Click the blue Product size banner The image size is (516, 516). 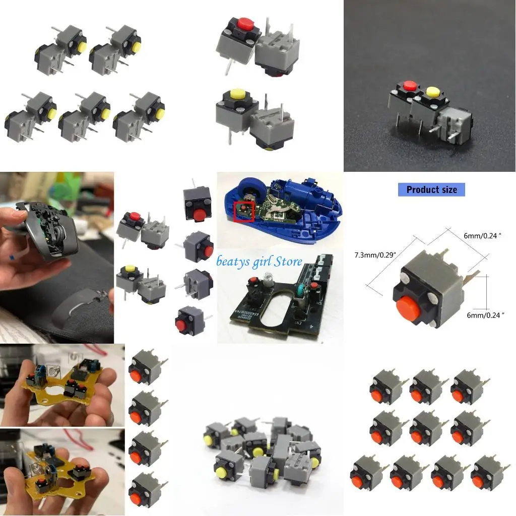[x=431, y=190]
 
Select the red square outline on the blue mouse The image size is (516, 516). [x=244, y=211]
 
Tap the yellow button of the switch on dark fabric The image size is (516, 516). [x=432, y=92]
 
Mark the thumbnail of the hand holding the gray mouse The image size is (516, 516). [x=57, y=257]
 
